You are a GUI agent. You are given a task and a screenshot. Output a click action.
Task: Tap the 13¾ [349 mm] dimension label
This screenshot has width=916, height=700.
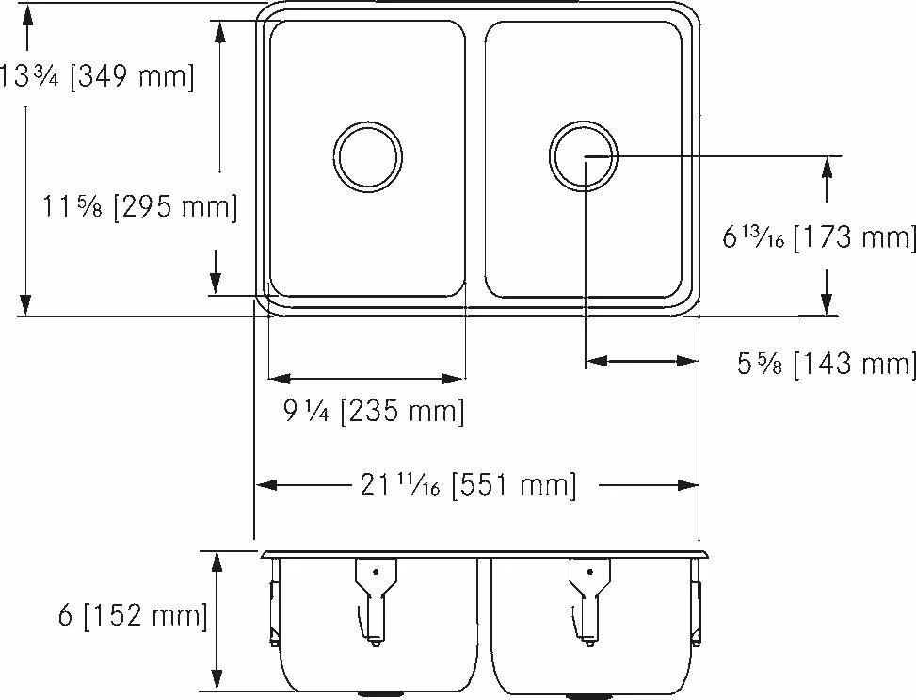pyautogui.click(x=96, y=76)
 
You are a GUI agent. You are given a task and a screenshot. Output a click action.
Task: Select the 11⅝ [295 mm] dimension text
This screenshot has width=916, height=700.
pyautogui.click(x=139, y=206)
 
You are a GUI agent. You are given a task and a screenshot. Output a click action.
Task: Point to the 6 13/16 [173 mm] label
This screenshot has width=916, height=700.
pyautogui.click(x=818, y=236)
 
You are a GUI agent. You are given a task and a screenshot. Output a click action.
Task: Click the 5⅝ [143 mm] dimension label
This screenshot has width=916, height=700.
pyautogui.click(x=826, y=364)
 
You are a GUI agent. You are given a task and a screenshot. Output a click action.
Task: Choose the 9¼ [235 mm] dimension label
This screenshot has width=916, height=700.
pyautogui.click(x=374, y=411)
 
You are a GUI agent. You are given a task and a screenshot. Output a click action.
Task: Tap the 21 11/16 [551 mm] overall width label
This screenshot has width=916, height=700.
pyautogui.click(x=468, y=485)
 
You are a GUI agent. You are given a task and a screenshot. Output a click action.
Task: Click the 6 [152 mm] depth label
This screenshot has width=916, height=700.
pyautogui.click(x=133, y=616)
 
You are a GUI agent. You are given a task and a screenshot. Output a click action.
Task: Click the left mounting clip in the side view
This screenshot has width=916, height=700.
pyautogui.click(x=273, y=609)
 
